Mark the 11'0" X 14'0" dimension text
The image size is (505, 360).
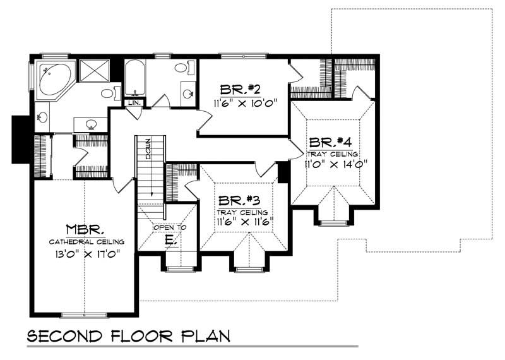click(x=333, y=165)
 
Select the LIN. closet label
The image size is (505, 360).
click(x=133, y=102)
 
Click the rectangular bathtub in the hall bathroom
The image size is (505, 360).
click(x=134, y=78)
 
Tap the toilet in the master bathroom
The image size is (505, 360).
click(x=109, y=94)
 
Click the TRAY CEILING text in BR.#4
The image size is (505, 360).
click(x=333, y=153)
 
